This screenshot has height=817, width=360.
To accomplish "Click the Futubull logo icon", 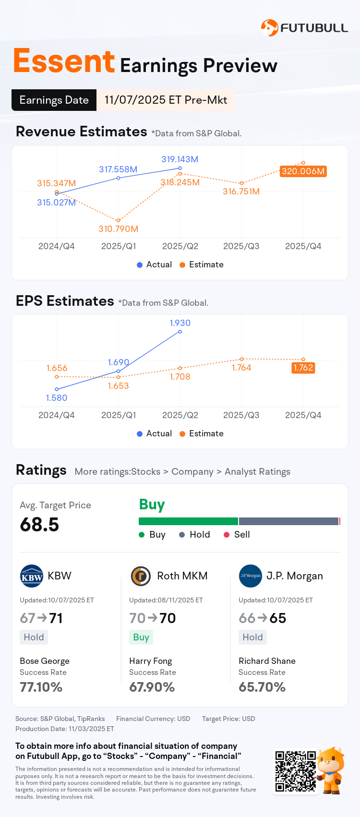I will coord(269,28).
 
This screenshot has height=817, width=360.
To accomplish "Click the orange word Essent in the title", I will coord(64,61).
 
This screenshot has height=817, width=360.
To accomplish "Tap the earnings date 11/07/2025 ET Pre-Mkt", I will coord(166,100).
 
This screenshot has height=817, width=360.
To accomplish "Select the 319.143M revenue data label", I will coord(180,159).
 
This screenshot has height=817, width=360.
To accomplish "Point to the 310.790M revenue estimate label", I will coord(118,229).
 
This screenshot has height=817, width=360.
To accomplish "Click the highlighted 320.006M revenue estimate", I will coord(303,171).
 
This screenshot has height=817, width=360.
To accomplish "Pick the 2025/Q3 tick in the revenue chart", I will coord(241,246).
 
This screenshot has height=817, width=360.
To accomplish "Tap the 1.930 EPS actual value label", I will coord(180,323).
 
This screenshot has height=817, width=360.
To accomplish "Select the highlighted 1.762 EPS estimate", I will coord(303,368).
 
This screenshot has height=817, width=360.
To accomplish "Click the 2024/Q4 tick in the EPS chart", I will coord(57,415).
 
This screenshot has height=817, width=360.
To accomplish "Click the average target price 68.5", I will coord(39,525).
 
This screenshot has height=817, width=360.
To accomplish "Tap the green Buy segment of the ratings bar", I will coord(188,521).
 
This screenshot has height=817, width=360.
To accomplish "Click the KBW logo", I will coord(32,576).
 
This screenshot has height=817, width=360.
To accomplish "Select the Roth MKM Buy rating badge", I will coord(141,637).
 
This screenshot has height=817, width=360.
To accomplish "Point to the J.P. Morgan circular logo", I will coord(250,576).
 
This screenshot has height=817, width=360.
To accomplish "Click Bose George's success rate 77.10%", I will coord(41,687).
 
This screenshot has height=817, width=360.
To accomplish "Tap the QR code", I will coord(295,771).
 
